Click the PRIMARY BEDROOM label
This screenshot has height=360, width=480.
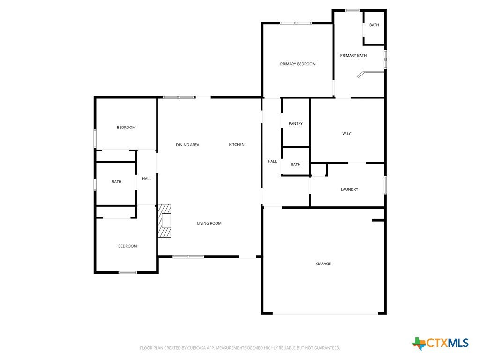point(298,64)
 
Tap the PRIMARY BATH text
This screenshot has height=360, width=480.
point(353,55)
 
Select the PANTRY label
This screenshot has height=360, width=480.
point(296,123)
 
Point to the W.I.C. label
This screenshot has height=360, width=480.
point(347,134)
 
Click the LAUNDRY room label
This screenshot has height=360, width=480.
point(349,189)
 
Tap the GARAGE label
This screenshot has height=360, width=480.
point(323,263)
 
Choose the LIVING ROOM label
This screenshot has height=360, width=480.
point(210,223)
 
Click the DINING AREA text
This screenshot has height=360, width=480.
point(187,145)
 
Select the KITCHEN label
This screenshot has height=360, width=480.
point(237,144)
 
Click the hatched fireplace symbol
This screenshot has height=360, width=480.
point(165,221)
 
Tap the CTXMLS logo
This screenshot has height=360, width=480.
point(440,343)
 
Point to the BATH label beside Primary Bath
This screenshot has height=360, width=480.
point(374,25)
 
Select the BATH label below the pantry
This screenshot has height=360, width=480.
point(296,165)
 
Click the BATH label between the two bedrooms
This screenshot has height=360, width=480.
point(117,182)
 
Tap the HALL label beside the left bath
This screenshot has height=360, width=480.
point(147,179)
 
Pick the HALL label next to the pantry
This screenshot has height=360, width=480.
point(272,161)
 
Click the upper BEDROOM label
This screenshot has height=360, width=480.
point(126,127)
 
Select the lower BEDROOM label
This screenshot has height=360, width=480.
point(127,246)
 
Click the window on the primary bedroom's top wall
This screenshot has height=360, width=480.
point(296,23)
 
